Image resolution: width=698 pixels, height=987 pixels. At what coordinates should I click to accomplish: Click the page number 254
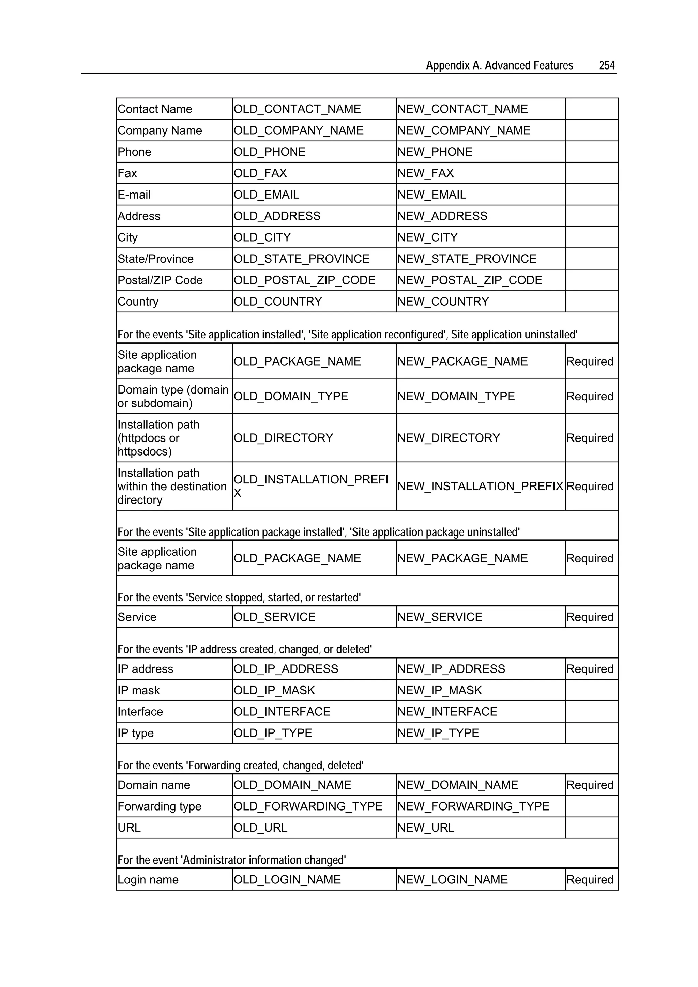tap(606, 65)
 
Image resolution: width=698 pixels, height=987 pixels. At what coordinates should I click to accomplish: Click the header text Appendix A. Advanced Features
tap(499, 65)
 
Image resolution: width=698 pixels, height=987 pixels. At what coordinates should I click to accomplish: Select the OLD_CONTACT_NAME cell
tap(297, 109)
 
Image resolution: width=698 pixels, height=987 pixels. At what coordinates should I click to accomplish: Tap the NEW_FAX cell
tap(425, 173)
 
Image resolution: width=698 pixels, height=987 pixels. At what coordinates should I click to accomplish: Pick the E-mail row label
tap(134, 195)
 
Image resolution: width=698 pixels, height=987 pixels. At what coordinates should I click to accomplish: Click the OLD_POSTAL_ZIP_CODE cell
tap(304, 280)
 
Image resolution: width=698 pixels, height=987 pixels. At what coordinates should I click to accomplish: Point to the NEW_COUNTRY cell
tap(443, 302)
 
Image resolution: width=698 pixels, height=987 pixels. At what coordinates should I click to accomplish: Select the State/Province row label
tap(155, 259)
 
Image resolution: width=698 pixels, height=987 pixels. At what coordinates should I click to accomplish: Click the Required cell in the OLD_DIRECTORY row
tap(590, 438)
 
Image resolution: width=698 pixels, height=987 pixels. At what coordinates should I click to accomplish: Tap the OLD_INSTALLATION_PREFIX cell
tap(310, 486)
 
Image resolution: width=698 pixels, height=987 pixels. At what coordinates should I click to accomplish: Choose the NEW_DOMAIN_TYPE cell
tap(456, 396)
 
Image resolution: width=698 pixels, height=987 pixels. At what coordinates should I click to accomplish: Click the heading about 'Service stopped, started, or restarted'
tap(239, 597)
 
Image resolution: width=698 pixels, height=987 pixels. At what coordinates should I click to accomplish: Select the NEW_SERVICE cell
tap(440, 617)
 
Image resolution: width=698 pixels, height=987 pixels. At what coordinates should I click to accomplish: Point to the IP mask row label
tap(138, 690)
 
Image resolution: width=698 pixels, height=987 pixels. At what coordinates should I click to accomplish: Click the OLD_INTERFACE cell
tap(282, 711)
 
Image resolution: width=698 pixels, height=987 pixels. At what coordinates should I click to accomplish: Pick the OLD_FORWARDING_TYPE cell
tap(308, 806)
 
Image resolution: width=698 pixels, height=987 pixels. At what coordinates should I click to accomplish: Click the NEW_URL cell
tap(425, 828)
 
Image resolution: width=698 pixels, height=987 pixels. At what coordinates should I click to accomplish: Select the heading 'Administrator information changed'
tap(232, 860)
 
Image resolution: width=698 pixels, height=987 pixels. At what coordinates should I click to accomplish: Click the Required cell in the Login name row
tap(590, 880)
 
